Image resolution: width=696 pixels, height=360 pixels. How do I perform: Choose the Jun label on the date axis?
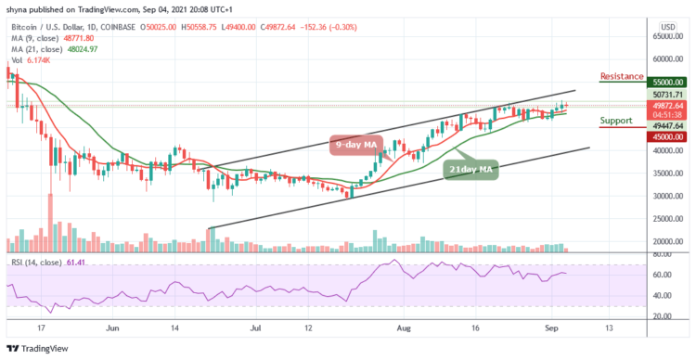(112, 328)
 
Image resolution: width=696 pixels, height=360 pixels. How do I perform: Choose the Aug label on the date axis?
(403, 328)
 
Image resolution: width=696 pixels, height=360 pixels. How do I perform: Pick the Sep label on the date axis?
(549, 328)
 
